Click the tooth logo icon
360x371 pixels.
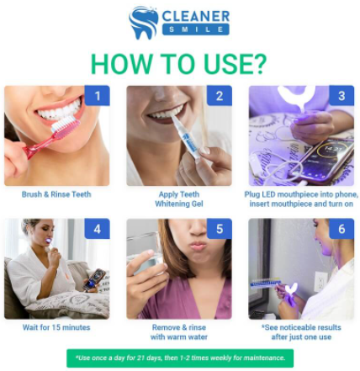(143, 23)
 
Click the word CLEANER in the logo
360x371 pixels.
(196, 16)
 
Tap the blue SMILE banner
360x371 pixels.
(196, 29)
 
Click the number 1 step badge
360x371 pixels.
(97, 96)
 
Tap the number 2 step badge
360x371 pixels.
(220, 96)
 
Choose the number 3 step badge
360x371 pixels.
(341, 96)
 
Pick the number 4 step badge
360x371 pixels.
(97, 229)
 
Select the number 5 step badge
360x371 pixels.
(220, 229)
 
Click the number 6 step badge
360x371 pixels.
(341, 229)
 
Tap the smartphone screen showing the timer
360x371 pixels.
(328, 159)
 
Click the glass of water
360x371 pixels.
(144, 252)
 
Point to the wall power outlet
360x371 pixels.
(319, 281)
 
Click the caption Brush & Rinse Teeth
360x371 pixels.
(56, 194)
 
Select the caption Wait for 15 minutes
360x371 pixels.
(56, 327)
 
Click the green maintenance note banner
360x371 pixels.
(180, 358)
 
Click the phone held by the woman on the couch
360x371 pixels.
(94, 280)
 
